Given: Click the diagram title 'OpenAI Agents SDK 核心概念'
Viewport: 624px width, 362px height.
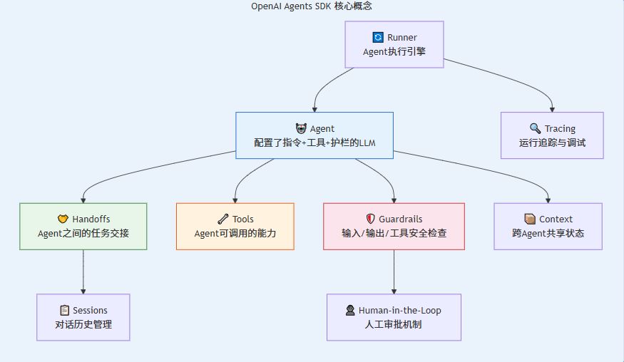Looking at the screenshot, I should (x=312, y=6).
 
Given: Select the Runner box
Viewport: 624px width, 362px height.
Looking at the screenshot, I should (x=394, y=44).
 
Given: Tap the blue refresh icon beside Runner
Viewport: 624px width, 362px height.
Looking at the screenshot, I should (x=378, y=37).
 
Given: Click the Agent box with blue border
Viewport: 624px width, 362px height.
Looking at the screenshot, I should (x=314, y=135).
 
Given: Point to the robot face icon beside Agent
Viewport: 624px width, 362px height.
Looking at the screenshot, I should (x=301, y=129).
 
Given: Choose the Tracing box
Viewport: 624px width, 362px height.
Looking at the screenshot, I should (x=552, y=135).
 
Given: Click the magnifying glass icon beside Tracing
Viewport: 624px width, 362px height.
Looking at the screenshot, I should (x=535, y=129).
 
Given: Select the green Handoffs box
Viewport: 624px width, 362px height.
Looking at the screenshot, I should (x=83, y=226).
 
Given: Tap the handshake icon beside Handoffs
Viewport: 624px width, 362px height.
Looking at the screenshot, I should (x=63, y=219).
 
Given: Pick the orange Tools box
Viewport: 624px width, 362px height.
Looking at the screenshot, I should (x=235, y=226).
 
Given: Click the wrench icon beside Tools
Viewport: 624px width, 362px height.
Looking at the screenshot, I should (x=223, y=219).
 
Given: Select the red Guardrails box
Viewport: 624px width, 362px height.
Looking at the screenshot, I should (x=394, y=226).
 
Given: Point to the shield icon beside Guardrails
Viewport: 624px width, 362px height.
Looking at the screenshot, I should (x=370, y=219).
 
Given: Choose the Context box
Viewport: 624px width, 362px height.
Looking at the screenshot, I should (x=548, y=226).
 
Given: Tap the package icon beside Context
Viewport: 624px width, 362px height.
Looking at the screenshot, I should (x=530, y=219).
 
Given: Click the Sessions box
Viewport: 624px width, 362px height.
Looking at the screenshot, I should (x=83, y=317).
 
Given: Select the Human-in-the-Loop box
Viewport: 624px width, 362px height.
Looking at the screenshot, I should (x=394, y=317).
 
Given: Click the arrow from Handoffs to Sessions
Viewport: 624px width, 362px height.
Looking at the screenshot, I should (x=83, y=271).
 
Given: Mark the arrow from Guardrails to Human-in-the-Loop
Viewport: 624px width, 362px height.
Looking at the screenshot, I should (x=394, y=271).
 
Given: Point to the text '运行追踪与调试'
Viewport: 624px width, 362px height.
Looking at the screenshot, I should (x=552, y=143).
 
